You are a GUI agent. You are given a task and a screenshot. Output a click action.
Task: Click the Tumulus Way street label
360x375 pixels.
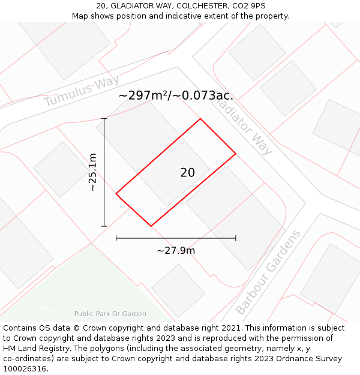pyautogui.click(x=82, y=90)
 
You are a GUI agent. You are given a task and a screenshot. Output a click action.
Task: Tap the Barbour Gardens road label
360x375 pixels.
pyautogui.click(x=268, y=272)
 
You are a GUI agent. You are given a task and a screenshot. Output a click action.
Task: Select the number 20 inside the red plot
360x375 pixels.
pyautogui.click(x=187, y=173)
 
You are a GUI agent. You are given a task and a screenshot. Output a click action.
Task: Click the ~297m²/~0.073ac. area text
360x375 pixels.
pyautogui.click(x=176, y=95)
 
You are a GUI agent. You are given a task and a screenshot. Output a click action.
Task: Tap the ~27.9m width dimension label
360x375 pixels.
pyautogui.click(x=176, y=250)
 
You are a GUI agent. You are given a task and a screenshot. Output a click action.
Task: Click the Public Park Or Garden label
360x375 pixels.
pyautogui.click(x=110, y=314)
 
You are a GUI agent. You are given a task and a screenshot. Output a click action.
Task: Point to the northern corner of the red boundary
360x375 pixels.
pyautogui.click(x=200, y=119)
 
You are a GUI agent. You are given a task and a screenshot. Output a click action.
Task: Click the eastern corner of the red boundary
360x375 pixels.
pyautogui.click(x=235, y=154)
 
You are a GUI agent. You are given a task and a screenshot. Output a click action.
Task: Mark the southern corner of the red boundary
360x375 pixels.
pyautogui.click(x=151, y=226)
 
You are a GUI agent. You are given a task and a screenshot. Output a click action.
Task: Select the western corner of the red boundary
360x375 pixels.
pyautogui.click(x=116, y=194)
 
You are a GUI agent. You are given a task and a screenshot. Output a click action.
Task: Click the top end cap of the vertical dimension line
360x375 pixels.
pyautogui.click(x=104, y=119)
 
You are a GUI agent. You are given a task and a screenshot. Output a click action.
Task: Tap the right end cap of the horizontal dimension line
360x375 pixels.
pyautogui.click(x=235, y=238)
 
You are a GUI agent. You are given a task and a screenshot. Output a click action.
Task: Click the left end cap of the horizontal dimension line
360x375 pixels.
pyautogui.click(x=116, y=238)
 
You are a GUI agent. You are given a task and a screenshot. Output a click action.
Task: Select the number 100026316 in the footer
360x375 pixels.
pyautogui.click(x=25, y=368)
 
